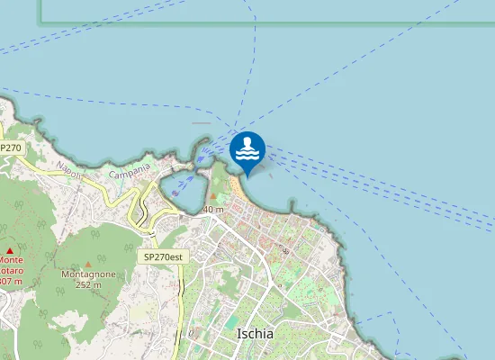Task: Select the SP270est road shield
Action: (x=163, y=256)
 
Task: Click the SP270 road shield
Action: (x=11, y=147)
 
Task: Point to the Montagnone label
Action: (x=87, y=273)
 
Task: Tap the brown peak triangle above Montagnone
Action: (x=92, y=236)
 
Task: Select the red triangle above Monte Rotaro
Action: (x=10, y=250)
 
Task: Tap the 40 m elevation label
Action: (x=213, y=210)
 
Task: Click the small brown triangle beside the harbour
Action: (x=213, y=196)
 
